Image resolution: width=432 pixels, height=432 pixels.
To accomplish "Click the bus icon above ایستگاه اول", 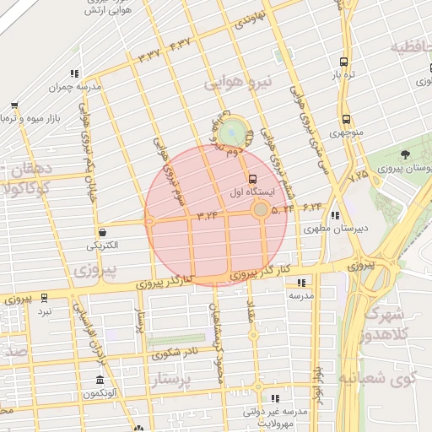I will (x=253, y=179).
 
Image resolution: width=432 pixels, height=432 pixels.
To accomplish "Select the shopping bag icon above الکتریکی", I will (x=101, y=231).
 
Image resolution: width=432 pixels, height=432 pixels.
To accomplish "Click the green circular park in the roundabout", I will (x=230, y=132).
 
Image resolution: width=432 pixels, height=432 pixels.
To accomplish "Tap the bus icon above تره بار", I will (x=343, y=62).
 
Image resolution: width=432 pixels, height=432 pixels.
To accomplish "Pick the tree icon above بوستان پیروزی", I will (x=405, y=155).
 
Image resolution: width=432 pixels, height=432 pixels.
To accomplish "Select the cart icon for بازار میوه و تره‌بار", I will (x=14, y=106).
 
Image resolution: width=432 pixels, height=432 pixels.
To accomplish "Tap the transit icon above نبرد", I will (x=43, y=299).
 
